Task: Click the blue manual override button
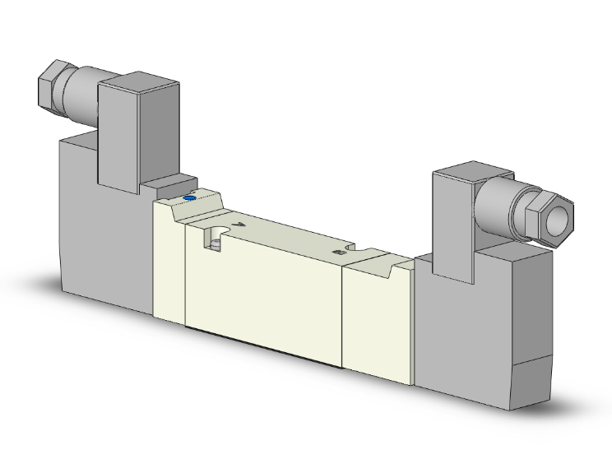tap(191, 197)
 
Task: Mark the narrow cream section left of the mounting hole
tap(169, 263)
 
